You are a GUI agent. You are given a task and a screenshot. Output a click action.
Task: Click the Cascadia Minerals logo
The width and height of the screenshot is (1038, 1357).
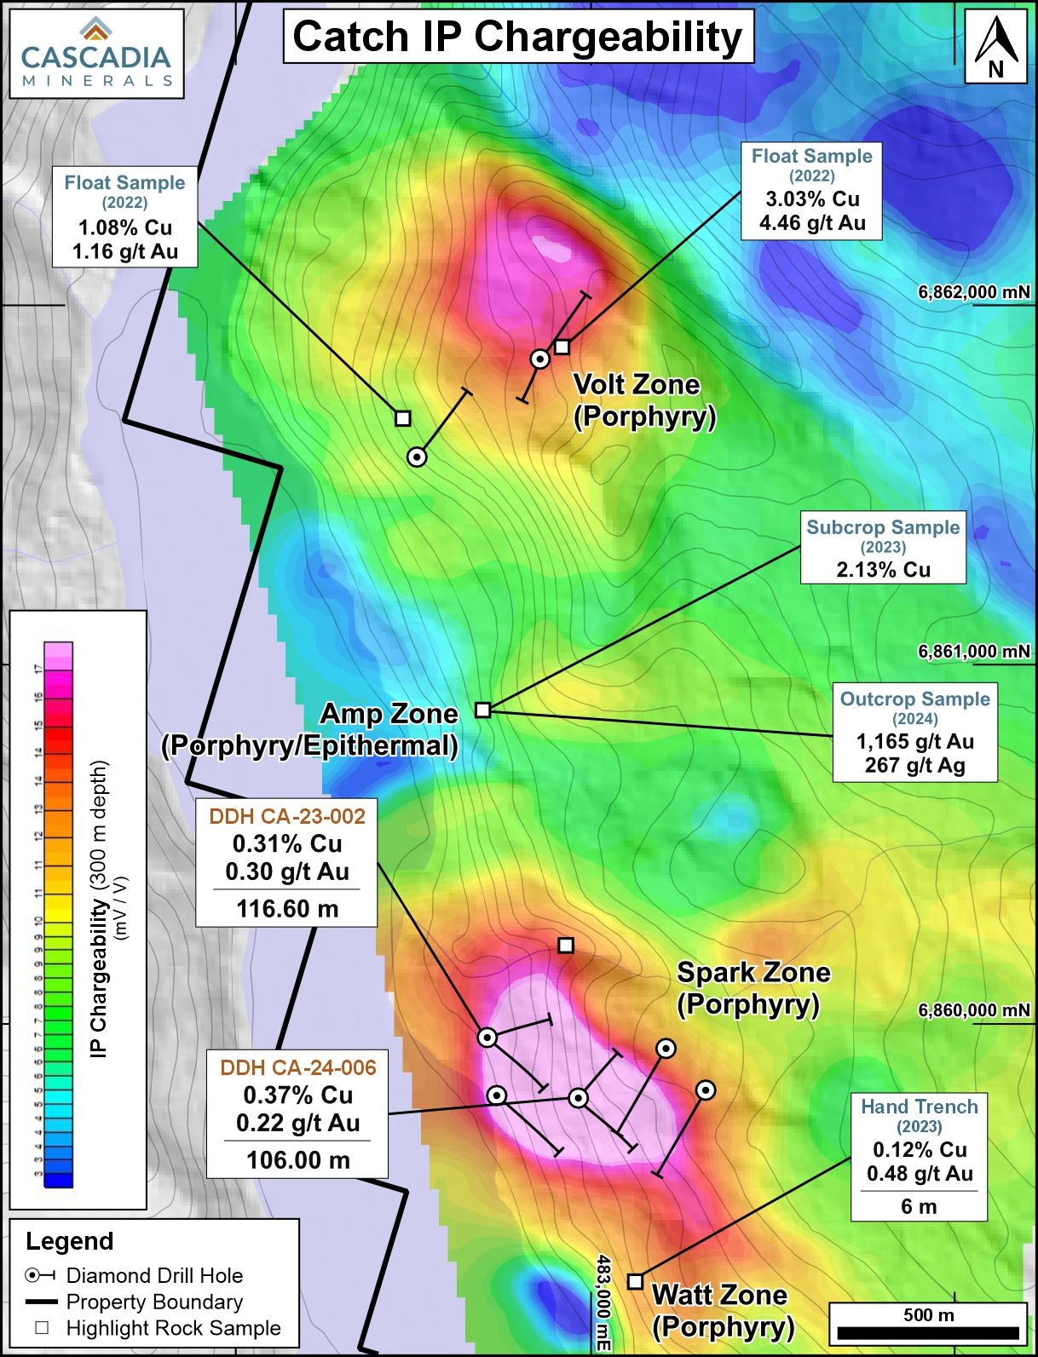(x=95, y=54)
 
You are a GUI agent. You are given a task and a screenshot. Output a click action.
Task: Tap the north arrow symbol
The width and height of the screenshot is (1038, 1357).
(x=995, y=46)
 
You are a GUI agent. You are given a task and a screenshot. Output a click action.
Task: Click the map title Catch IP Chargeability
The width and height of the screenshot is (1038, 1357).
(x=518, y=37)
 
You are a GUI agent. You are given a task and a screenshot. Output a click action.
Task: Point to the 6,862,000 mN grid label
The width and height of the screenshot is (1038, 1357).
(x=973, y=292)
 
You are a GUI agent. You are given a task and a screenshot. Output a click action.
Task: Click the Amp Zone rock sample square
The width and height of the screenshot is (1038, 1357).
(x=483, y=710)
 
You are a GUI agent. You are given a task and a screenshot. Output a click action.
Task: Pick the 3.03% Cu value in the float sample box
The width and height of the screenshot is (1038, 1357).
(x=812, y=199)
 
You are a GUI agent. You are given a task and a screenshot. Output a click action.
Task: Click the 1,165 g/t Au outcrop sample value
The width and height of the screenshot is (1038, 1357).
(x=914, y=741)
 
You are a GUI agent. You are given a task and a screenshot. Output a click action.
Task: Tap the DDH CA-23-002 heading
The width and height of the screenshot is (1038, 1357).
(x=287, y=816)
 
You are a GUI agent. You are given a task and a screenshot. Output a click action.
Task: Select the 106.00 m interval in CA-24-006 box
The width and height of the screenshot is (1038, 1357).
(x=298, y=1160)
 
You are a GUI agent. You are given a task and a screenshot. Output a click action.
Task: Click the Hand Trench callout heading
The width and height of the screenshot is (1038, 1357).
(x=919, y=1107)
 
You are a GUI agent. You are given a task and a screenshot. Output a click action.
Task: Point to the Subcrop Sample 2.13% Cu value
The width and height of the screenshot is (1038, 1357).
(x=883, y=570)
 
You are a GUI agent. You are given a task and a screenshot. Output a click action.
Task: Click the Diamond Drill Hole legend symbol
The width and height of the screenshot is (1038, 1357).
(x=40, y=1275)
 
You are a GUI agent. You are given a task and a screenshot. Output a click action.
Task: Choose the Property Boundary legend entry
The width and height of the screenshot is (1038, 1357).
(x=154, y=1302)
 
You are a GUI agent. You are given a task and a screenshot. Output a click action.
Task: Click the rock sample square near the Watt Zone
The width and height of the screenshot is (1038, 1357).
(x=635, y=1281)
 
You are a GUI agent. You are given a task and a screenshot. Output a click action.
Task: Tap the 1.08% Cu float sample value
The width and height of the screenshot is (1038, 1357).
(x=125, y=228)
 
